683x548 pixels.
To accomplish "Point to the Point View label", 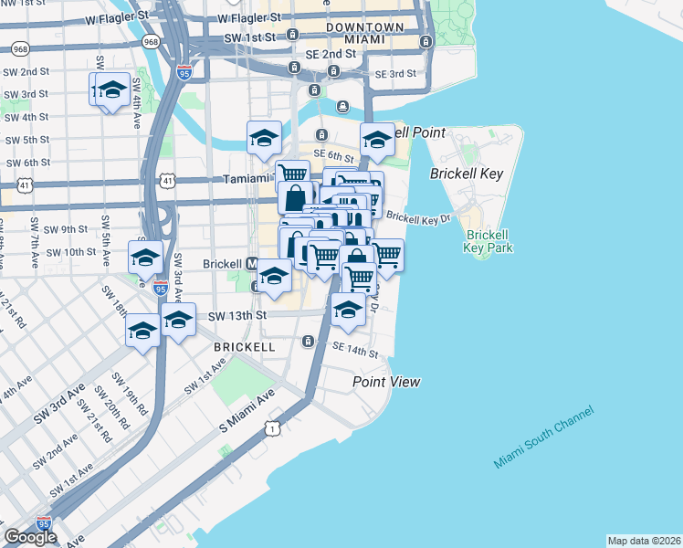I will coord(387,381).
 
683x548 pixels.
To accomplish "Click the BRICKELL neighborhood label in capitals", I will coord(244,348).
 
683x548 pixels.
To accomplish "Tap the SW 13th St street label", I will coord(236,316).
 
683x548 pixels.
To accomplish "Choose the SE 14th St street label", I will coord(355,350).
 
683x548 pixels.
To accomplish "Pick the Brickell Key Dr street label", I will coord(418,217).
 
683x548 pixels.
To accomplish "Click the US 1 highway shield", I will coord(271,427).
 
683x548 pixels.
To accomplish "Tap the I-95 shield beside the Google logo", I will coord(44,523).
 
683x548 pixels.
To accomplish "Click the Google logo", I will coord(30,538).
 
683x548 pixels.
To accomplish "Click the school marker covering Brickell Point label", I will coord(377,140).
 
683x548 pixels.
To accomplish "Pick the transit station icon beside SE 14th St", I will coord(309,342).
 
